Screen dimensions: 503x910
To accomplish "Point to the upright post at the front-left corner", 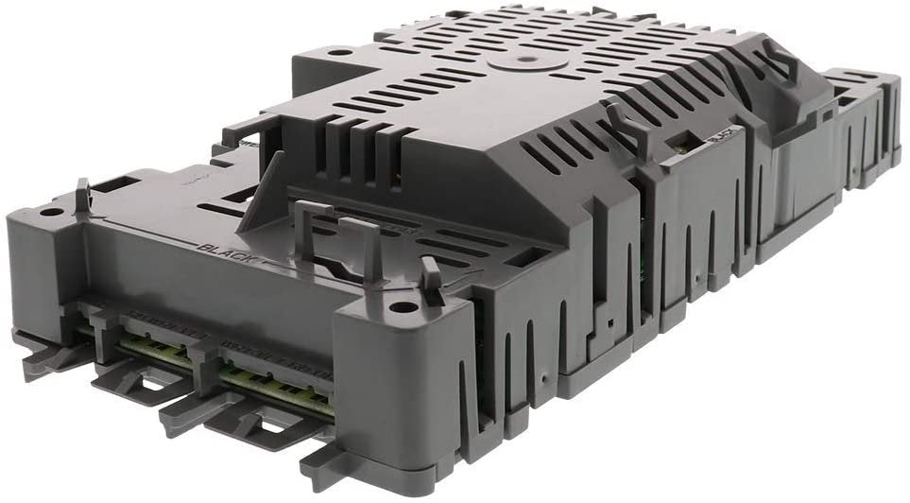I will point(82,195).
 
